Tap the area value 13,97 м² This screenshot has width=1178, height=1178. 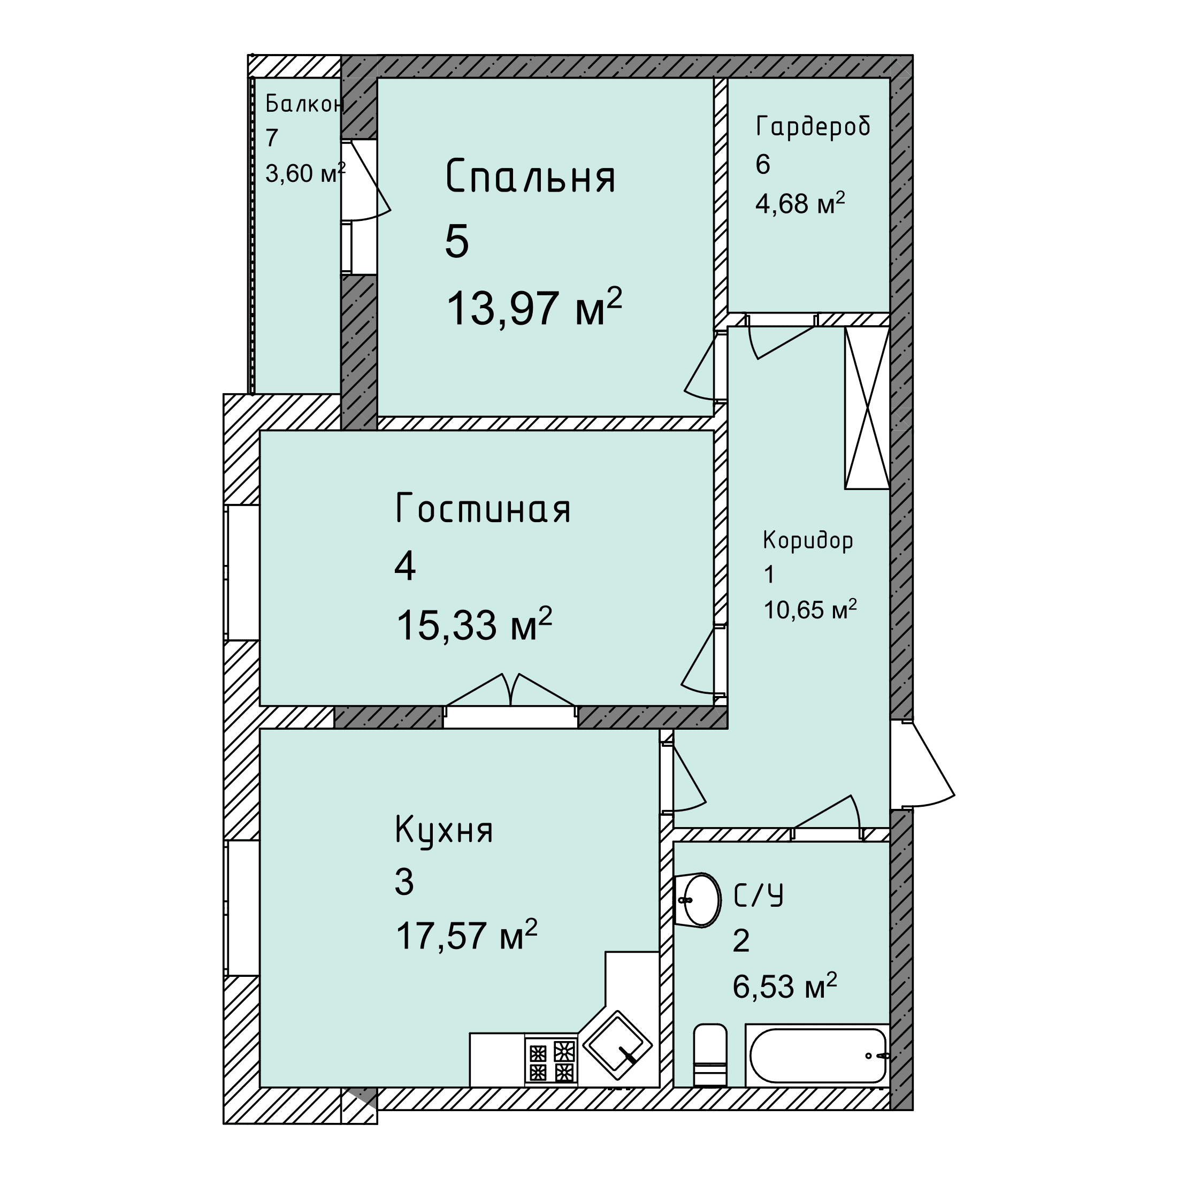pyautogui.click(x=534, y=307)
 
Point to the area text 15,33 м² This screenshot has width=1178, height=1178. pyautogui.click(x=475, y=624)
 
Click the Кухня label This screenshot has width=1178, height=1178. pyautogui.click(x=444, y=830)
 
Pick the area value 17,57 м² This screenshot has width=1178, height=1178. pyautogui.click(x=466, y=935)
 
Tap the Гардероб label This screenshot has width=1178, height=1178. pyautogui.click(x=813, y=126)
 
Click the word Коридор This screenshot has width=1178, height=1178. pyautogui.click(x=808, y=540)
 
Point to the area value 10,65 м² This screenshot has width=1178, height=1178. pyautogui.click(x=810, y=609)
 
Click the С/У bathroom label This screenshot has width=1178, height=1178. pyautogui.click(x=758, y=895)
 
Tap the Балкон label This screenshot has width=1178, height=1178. pyautogui.click(x=304, y=104)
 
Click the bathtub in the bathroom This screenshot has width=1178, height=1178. pyautogui.click(x=817, y=1055)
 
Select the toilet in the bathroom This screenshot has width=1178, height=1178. pyautogui.click(x=710, y=1055)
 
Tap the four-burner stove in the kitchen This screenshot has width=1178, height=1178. pyautogui.click(x=551, y=1061)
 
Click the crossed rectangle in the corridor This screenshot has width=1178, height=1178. pyautogui.click(x=867, y=408)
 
